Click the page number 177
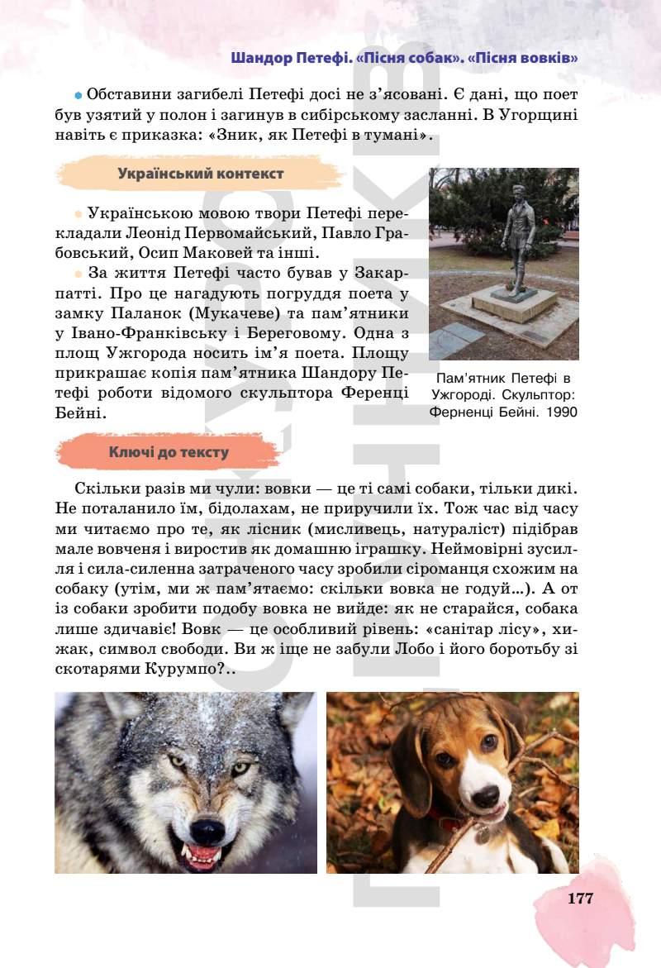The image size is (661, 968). point(580,899)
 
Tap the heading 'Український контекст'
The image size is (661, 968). point(201,174)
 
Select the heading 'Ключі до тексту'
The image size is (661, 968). point(169,452)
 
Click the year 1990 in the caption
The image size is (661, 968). point(560,411)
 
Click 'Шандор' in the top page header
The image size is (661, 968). point(256,58)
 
